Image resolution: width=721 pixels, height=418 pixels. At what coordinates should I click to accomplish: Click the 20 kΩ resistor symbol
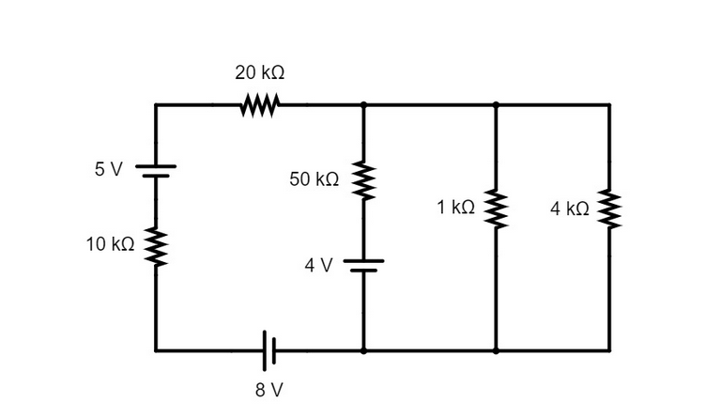coord(260,105)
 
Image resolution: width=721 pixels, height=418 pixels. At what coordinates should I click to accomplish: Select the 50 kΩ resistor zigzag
coord(363,180)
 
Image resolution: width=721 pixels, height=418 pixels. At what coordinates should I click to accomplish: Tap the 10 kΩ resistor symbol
coord(156,247)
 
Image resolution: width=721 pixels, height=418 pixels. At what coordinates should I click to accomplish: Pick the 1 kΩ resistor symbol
coord(496,209)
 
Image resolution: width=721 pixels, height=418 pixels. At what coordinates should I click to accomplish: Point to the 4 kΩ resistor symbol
coord(609,209)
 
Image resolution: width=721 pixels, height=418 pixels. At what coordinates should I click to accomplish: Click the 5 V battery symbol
coord(156,171)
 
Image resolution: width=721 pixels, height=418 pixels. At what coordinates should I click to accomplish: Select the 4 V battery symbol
coord(363,266)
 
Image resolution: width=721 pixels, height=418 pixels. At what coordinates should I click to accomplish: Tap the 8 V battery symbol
coord(269,351)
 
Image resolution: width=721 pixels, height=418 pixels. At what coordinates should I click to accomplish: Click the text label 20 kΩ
coord(260,72)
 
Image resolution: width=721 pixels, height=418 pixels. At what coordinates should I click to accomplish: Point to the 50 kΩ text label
coord(314,179)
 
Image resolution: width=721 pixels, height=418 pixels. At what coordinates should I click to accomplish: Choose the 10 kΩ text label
coord(111,244)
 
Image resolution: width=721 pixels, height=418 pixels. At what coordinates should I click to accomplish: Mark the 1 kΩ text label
coord(455,208)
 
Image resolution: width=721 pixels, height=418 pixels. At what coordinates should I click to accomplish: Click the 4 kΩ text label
coord(570,209)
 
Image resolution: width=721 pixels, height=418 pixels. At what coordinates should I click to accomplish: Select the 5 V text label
coord(109,169)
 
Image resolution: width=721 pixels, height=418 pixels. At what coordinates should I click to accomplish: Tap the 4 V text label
coord(318,265)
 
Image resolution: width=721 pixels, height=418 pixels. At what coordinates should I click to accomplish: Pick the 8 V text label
coord(269,390)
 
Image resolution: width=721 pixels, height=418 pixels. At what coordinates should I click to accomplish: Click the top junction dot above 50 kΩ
coord(363,105)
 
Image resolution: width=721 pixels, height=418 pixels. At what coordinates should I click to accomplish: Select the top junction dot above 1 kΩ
coord(496,105)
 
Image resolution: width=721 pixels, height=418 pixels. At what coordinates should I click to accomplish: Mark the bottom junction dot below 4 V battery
coord(363,351)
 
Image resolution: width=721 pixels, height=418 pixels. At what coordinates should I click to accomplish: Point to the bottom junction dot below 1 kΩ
coord(496,351)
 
